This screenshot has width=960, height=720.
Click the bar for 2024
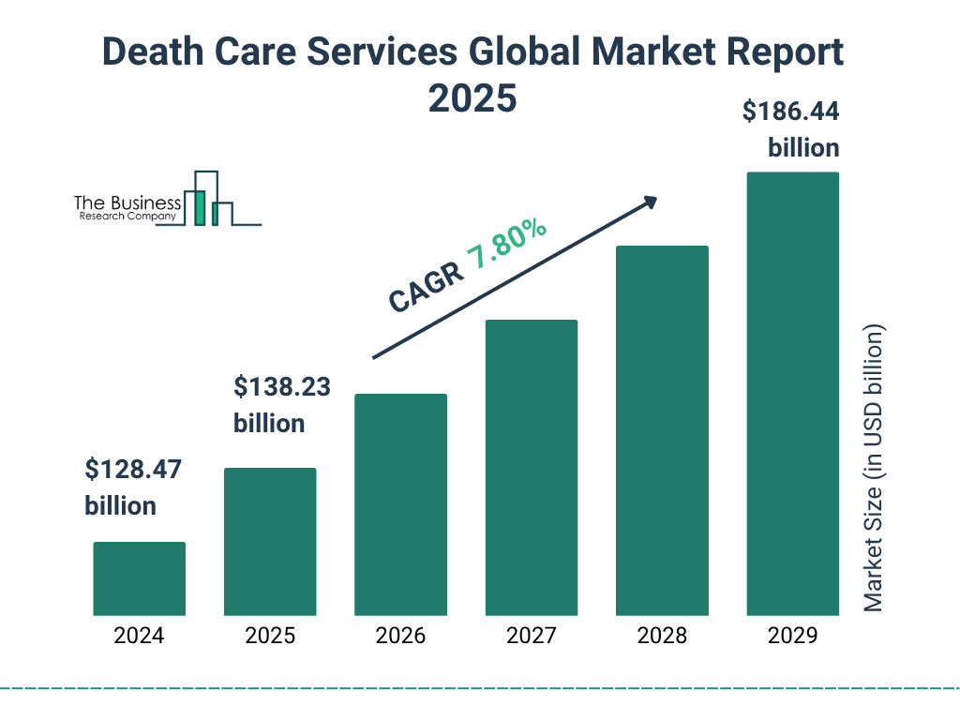point(139,578)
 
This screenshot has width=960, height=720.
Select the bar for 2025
point(270,541)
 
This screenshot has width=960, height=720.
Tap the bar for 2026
point(400,504)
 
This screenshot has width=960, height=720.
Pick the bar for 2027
point(531,467)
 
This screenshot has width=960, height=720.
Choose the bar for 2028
point(662,430)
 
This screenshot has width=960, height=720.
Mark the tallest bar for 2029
point(792,394)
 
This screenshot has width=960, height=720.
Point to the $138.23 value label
point(281,386)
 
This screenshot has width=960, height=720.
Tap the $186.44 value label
point(790,112)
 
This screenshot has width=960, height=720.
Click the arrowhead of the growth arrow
point(649,202)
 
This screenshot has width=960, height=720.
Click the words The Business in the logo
point(127,202)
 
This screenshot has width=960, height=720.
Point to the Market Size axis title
point(874,469)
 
